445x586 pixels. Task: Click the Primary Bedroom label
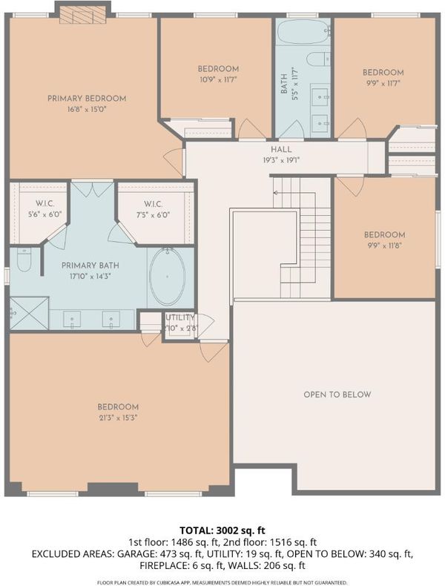[x=87, y=99]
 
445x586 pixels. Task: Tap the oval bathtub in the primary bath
[x=168, y=276]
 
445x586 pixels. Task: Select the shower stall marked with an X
[x=29, y=313]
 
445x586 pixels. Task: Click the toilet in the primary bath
[x=24, y=260]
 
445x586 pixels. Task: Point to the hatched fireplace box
[x=82, y=16]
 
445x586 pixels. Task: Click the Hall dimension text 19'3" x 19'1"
[x=281, y=160]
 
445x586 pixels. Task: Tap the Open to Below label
[x=337, y=395]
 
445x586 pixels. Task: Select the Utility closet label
[x=180, y=317]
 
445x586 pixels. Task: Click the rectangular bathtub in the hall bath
[x=304, y=32]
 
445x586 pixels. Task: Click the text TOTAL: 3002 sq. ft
[x=222, y=530]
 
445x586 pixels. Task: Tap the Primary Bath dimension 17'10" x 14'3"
[x=90, y=277]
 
